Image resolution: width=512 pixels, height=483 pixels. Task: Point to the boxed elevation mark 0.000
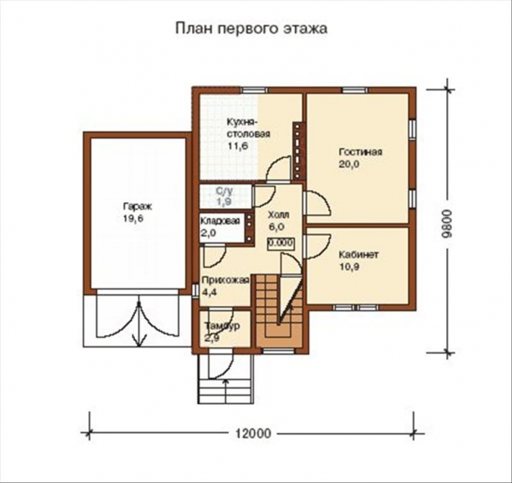279,242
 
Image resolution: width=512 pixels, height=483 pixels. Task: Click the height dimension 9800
457,220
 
